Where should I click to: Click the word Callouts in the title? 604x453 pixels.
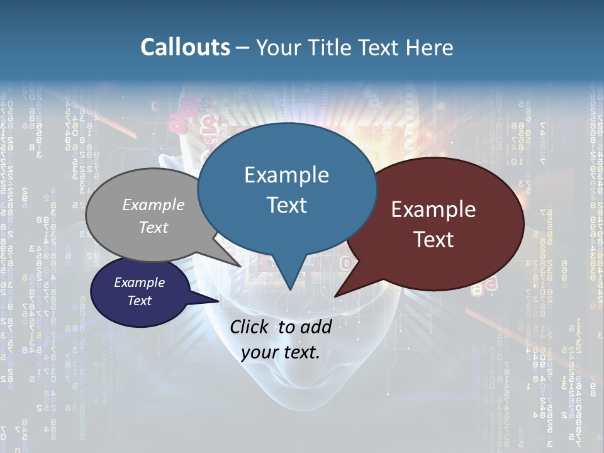(186, 47)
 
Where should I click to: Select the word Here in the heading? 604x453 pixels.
(430, 47)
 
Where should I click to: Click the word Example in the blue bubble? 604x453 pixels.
(286, 175)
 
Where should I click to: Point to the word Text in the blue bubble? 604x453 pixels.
(286, 205)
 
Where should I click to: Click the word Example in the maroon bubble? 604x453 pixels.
(433, 210)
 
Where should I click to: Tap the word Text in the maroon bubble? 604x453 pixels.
(433, 240)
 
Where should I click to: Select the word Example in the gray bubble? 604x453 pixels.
(154, 204)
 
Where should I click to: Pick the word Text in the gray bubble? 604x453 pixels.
(154, 227)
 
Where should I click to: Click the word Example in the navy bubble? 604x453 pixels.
(139, 282)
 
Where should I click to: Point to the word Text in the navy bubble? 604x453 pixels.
(139, 301)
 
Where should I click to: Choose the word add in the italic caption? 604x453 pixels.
(316, 327)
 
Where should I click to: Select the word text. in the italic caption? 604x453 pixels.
(301, 352)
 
